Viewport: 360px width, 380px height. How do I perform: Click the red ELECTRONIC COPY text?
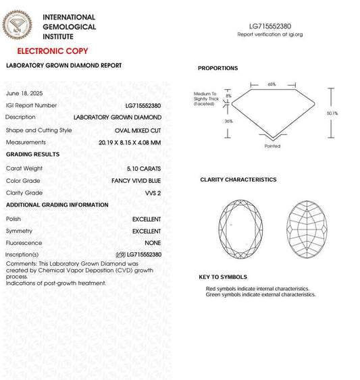[x=52, y=51]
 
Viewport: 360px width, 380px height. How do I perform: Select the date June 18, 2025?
[x=24, y=93]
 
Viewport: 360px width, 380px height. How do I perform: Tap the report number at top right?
[x=269, y=25]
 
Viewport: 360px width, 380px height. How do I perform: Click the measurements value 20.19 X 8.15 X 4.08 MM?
[x=129, y=142]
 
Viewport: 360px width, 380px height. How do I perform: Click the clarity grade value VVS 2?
[x=152, y=193]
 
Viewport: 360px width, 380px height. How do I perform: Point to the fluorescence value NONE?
[x=153, y=243]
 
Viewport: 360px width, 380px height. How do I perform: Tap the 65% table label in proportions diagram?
[x=272, y=84]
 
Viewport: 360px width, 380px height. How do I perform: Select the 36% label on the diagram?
[x=228, y=121]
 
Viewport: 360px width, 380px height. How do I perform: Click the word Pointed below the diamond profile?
[x=272, y=146]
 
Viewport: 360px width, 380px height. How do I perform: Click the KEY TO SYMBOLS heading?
[x=222, y=277]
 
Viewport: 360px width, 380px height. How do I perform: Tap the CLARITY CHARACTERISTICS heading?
[x=238, y=180]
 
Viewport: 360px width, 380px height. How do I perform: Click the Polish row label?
[x=14, y=219]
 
